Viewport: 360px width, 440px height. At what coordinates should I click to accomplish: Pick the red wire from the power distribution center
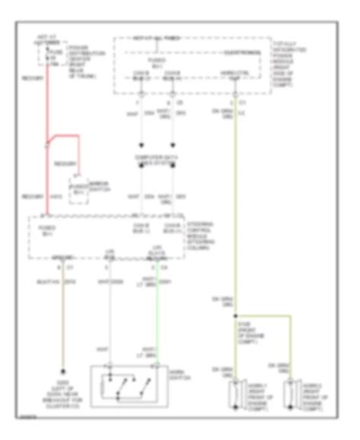coord(48,137)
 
